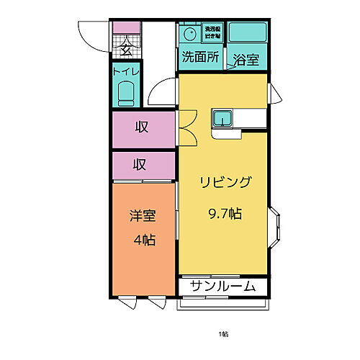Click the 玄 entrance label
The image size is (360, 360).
click(125, 49)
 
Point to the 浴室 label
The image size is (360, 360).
click(246, 61)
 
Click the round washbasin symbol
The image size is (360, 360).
click(190, 34)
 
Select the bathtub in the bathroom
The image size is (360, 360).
click(248, 32)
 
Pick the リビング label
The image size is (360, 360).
click(225, 182)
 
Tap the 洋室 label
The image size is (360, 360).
click(142, 216)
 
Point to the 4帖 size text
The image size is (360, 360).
click(143, 240)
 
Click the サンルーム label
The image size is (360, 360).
click(223, 287)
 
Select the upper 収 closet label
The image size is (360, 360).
click(142, 128)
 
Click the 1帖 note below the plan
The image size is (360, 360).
click(225, 335)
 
